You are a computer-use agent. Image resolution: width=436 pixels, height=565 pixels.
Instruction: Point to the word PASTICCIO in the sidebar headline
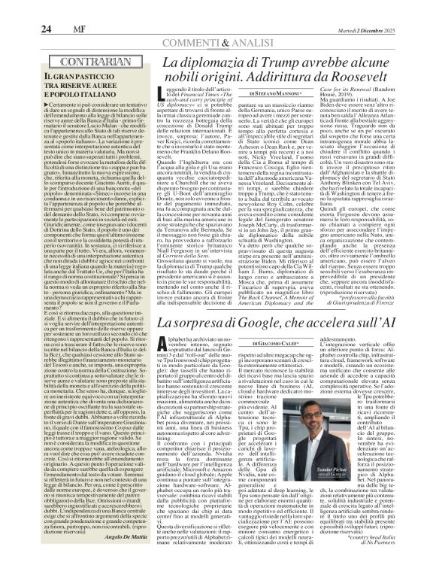103,78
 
